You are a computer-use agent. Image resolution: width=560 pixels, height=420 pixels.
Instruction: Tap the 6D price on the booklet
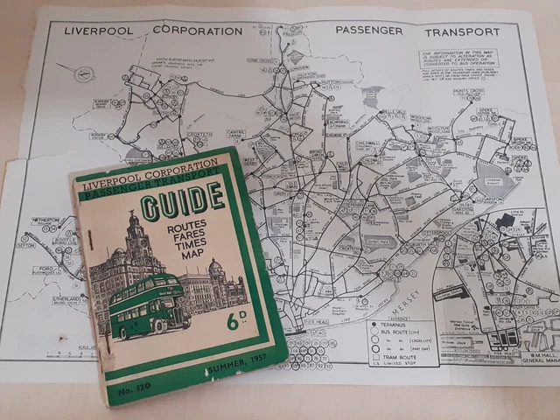pyautogui.click(x=234, y=321)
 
